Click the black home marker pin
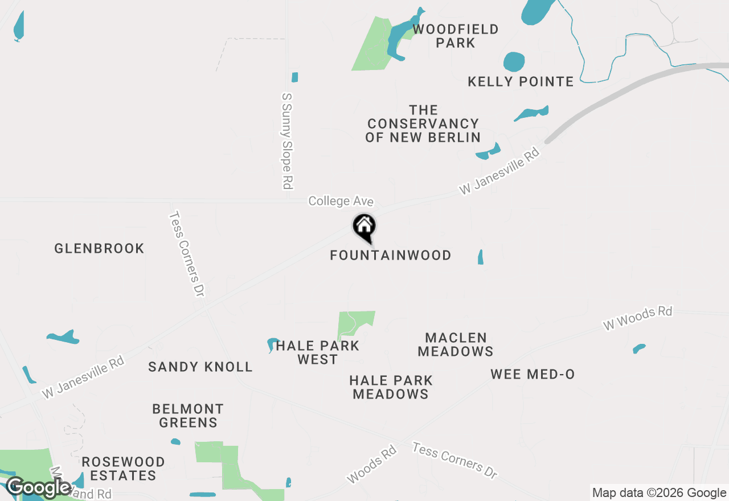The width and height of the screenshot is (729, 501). click(364, 227)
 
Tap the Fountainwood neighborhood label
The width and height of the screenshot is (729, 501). click(391, 255)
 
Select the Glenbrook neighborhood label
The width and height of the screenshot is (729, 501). click(100, 248)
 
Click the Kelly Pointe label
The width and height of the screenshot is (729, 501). click(521, 81)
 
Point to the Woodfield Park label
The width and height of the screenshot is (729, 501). click(456, 36)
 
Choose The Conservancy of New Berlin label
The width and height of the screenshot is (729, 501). click(423, 124)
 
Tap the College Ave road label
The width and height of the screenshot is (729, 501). click(341, 201)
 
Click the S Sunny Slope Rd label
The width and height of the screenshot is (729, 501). click(287, 141)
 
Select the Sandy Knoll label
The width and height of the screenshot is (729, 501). click(200, 367)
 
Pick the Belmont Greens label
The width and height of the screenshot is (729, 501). click(188, 416)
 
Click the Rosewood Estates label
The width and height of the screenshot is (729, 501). click(123, 468)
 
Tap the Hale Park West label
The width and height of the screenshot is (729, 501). click(317, 352)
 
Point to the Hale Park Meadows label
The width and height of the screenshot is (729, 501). click(391, 387)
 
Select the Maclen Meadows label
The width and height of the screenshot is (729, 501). click(456, 344)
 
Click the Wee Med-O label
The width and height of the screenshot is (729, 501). click(533, 374)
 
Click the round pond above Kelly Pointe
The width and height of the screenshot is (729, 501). click(514, 62)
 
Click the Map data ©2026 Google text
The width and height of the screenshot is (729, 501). click(659, 493)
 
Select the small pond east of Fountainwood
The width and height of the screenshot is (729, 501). click(481, 257)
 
